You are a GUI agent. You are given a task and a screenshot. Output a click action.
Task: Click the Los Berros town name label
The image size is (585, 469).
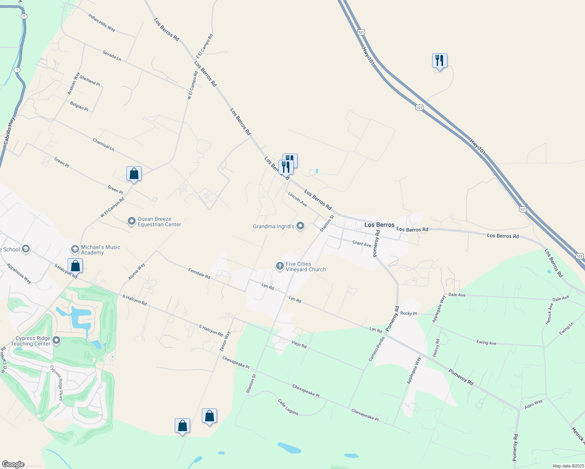(379, 225)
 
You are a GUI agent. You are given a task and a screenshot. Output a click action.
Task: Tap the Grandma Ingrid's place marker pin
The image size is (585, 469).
(300, 226)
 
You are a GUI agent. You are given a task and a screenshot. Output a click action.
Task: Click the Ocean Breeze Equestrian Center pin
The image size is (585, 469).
(132, 222)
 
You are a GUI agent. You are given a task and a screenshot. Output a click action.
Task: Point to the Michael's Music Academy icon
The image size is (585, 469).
(75, 249)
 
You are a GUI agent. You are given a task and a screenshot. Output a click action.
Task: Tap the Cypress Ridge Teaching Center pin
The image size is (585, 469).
(56, 340)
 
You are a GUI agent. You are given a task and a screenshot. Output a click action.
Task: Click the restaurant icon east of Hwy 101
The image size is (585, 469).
(440, 61)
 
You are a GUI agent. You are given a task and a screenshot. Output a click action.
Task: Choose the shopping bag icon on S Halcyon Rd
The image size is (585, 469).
(75, 266)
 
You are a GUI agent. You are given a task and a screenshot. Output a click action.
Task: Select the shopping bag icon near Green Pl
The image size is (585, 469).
(134, 173)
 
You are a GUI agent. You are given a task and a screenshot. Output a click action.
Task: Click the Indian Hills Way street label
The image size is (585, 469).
(102, 23)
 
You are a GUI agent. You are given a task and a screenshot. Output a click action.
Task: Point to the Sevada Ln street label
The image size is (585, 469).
(112, 55)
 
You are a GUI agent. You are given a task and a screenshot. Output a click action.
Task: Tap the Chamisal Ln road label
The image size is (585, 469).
(104, 144)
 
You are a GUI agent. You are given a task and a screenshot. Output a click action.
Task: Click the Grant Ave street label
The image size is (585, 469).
(362, 244)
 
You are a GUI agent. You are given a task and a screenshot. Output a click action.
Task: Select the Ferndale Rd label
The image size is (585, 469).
(199, 273)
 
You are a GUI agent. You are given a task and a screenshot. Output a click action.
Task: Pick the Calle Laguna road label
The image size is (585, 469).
(288, 407)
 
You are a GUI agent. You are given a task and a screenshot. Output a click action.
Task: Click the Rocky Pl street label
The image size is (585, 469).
(409, 313)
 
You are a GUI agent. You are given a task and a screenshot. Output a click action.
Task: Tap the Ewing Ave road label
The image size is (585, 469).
(486, 343)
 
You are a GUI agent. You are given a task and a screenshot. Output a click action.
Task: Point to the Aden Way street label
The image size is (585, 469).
(533, 404)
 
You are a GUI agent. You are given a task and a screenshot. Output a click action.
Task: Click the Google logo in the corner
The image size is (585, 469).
(13, 464)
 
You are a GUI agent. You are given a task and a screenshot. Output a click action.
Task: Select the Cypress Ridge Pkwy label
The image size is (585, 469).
(56, 383)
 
